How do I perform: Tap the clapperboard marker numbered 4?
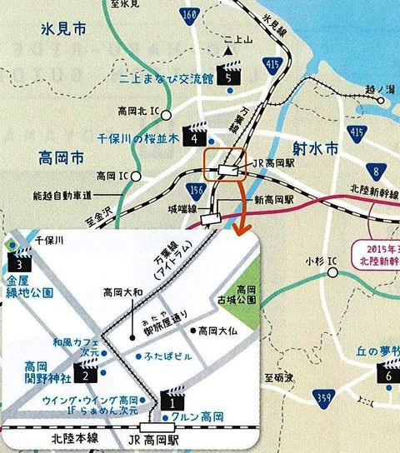(197, 134)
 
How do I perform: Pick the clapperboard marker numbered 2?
(85, 370)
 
